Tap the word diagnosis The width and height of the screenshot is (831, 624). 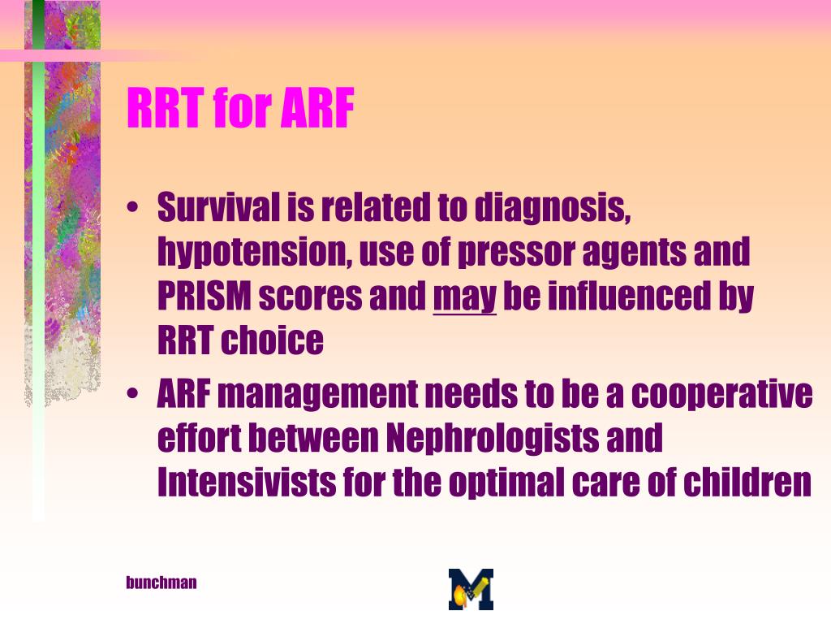coord(553,207)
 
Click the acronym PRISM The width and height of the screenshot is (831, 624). coord(204,296)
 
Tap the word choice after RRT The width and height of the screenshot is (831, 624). coord(272,340)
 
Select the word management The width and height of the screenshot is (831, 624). coord(317,396)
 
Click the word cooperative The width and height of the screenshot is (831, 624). coord(721,396)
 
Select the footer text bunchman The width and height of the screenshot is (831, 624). coord(161,582)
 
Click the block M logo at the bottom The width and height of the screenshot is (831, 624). coord(471,590)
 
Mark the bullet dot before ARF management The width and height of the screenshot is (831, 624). coord(132,394)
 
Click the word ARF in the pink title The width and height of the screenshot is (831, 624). coord(317,108)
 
